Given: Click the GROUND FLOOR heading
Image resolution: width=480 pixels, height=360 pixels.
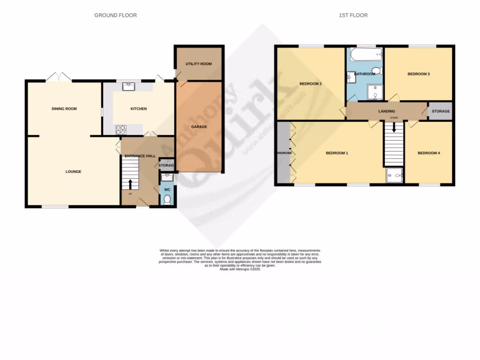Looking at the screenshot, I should point(115,15).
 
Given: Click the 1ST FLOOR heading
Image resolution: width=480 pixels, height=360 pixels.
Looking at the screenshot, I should point(353,15).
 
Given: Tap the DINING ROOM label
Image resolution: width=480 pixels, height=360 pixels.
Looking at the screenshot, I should point(64,109).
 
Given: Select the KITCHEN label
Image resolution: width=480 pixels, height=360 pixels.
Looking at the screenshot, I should point(138,109).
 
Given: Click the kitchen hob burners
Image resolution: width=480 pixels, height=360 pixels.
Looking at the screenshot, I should point(121,128).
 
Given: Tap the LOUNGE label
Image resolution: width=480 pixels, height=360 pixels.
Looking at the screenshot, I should point(73,172).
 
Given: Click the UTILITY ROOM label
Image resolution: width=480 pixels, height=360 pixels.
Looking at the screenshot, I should point(199,64).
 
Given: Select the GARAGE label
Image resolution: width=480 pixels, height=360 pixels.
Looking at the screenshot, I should point(199,127).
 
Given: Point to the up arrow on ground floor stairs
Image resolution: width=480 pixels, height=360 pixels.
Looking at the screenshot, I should point(130,183).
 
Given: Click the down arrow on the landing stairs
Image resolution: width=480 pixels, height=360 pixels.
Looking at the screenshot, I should point(394,127).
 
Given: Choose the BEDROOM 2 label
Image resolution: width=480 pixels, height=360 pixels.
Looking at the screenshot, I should point(310,84).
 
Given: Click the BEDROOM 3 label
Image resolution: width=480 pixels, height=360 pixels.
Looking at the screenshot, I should point(418,74).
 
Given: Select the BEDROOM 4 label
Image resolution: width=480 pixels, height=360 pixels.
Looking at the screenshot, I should point(428,153).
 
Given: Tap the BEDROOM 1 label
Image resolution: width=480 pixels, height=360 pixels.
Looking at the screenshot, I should point(337,153).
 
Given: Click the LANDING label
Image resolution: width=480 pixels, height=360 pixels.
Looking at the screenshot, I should point(387,111).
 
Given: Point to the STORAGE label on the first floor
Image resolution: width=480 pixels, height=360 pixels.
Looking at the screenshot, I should point(441,111).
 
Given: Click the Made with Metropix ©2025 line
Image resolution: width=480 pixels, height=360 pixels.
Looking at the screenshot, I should point(240,270).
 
